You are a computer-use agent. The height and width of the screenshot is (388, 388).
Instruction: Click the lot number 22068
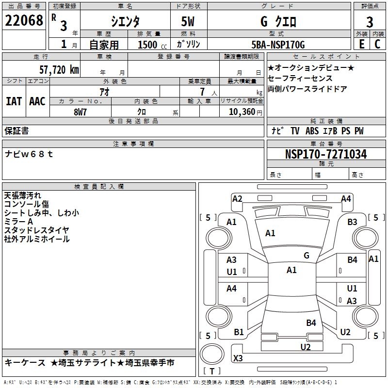(x=24, y=20)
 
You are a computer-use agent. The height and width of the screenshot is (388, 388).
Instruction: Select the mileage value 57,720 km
(x=59, y=70)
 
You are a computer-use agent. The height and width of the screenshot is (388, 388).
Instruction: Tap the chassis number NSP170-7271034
(x=326, y=154)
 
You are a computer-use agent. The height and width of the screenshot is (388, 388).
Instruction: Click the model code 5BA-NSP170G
(x=278, y=45)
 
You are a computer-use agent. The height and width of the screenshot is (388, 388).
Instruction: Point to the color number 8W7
(x=80, y=112)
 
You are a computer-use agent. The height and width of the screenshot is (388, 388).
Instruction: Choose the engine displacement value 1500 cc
(x=152, y=45)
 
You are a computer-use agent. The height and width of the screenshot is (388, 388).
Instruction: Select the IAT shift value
(x=14, y=101)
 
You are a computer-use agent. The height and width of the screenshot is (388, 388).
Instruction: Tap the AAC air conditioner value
(x=37, y=101)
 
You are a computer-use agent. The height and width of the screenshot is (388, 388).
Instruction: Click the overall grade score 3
(x=370, y=22)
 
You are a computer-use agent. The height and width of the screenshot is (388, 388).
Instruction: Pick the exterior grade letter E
(x=362, y=44)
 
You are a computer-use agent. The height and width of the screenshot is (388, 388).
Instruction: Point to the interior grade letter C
(x=377, y=44)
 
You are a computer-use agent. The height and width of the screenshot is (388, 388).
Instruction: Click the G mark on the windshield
(x=307, y=255)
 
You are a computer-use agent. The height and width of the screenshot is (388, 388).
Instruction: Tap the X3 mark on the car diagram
(x=238, y=358)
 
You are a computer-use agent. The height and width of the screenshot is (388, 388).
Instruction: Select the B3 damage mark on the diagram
(x=352, y=222)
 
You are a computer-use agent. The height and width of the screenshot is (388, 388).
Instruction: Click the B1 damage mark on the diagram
(x=239, y=332)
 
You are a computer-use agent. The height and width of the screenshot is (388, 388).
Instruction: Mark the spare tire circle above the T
(x=212, y=354)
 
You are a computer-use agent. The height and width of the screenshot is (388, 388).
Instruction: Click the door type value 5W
(x=188, y=21)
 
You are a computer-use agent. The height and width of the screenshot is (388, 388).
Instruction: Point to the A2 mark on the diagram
(x=237, y=199)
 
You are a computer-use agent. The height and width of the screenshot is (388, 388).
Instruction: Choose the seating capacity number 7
(x=202, y=92)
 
